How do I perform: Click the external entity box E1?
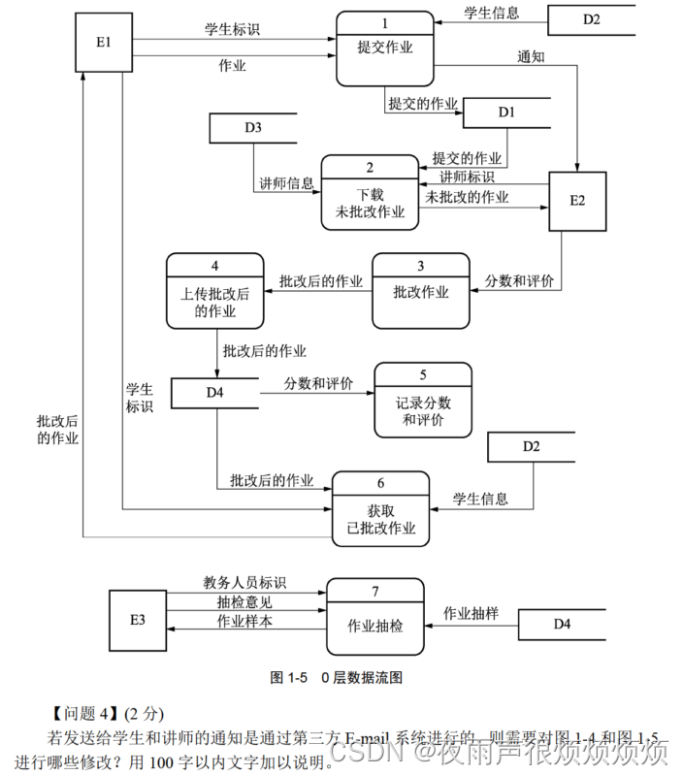pos(103,44)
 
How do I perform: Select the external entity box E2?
pos(577,202)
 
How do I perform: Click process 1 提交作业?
pos(384,48)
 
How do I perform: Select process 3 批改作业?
pos(420,291)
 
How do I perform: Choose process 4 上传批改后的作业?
pos(214,291)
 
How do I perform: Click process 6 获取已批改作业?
pos(380,508)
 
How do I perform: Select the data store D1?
pos(506,113)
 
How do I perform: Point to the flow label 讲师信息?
pos(286,182)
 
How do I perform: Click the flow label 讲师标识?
pos(467,177)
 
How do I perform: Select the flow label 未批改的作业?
pos(467,196)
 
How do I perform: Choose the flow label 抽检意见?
pos(244,602)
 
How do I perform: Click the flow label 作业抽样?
pos(471,613)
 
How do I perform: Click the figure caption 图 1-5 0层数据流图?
pos(336,677)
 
